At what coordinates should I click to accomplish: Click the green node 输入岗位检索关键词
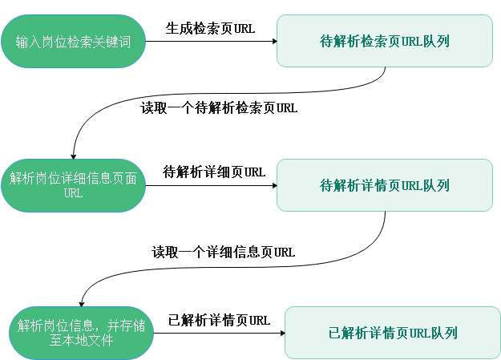74,40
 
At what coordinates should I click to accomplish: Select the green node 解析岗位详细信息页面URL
73,185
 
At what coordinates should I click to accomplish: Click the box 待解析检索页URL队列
384,40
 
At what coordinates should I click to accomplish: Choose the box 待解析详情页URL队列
384,185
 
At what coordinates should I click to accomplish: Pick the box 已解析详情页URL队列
393,332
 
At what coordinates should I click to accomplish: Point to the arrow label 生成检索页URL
210,28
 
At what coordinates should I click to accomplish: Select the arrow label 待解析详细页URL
214,172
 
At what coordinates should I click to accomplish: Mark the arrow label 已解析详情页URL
219,320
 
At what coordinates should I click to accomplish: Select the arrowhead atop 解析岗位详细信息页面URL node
74,154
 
